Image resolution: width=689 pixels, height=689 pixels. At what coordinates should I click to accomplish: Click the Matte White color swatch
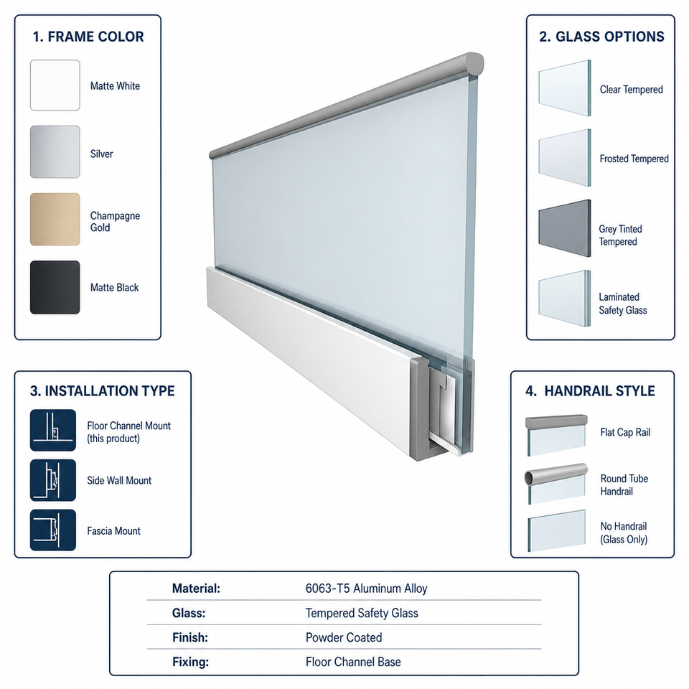pyautogui.click(x=55, y=85)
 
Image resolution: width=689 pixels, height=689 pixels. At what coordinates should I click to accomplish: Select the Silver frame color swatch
pyautogui.click(x=55, y=151)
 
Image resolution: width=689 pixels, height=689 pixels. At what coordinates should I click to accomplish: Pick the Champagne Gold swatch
pyautogui.click(x=55, y=220)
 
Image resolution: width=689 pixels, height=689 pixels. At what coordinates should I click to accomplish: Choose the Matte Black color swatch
pyautogui.click(x=55, y=287)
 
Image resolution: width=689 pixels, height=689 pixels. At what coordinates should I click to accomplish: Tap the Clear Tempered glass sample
pyautogui.click(x=565, y=88)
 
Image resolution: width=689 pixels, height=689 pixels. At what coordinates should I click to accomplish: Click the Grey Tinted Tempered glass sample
pyautogui.click(x=565, y=228)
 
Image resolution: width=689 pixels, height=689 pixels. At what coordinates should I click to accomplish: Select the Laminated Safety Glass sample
pyautogui.click(x=565, y=299)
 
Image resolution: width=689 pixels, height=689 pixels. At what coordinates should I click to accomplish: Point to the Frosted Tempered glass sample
pyautogui.click(x=565, y=158)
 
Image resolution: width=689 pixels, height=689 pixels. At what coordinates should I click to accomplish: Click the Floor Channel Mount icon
pyautogui.click(x=52, y=430)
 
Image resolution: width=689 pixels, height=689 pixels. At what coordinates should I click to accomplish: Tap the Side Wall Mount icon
pyautogui.click(x=52, y=480)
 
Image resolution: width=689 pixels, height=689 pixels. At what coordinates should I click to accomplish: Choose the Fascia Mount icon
pyautogui.click(x=52, y=530)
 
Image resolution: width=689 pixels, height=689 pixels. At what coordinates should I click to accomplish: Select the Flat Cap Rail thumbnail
pyautogui.click(x=556, y=435)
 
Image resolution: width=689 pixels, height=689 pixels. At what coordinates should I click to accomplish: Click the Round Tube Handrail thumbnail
pyautogui.click(x=556, y=483)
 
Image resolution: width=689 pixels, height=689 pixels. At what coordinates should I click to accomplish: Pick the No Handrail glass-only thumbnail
pyautogui.click(x=557, y=531)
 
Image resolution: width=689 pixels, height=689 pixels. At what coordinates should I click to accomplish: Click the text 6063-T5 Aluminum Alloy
pyautogui.click(x=367, y=589)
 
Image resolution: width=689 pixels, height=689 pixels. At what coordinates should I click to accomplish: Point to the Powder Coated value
pyautogui.click(x=344, y=637)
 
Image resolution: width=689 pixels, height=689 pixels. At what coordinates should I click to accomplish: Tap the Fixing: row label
pyautogui.click(x=190, y=662)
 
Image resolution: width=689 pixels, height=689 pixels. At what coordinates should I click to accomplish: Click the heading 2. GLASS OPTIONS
pyautogui.click(x=601, y=37)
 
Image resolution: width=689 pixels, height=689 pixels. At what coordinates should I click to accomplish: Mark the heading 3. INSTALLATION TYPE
pyautogui.click(x=103, y=390)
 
